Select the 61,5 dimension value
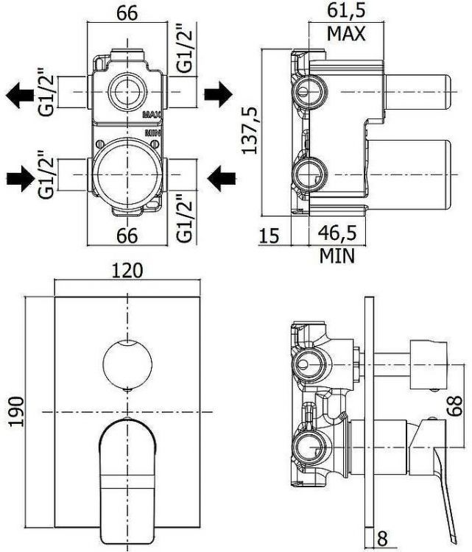pos(346,11)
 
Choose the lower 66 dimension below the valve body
pos(128,236)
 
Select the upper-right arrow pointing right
pos(219,93)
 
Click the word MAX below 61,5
pos(346,34)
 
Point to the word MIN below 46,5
pos(337,255)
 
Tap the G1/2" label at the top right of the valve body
pos(186,49)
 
